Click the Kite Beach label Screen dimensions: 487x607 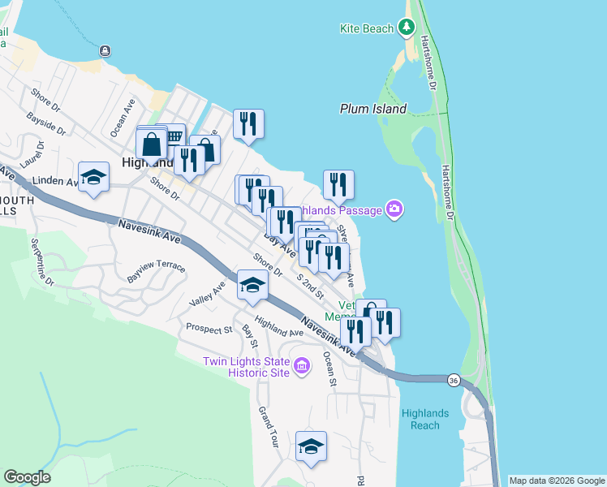pyautogui.click(x=366, y=28)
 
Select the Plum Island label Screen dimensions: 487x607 pyautogui.click(x=373, y=108)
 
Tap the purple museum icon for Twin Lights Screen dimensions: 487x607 pyautogui.click(x=302, y=367)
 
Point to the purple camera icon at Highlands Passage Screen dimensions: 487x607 pyautogui.click(x=394, y=210)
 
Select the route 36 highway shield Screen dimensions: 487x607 pyautogui.click(x=453, y=379)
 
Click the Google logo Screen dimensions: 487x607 pyautogui.click(x=27, y=477)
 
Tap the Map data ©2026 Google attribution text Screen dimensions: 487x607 pyautogui.click(x=556, y=481)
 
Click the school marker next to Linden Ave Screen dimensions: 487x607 pyautogui.click(x=94, y=179)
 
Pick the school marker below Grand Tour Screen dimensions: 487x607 pyautogui.click(x=311, y=446)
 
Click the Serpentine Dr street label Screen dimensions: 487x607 pyautogui.click(x=42, y=261)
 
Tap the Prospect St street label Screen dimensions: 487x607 pyautogui.click(x=209, y=330)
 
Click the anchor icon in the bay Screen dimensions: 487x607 pyautogui.click(x=105, y=51)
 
